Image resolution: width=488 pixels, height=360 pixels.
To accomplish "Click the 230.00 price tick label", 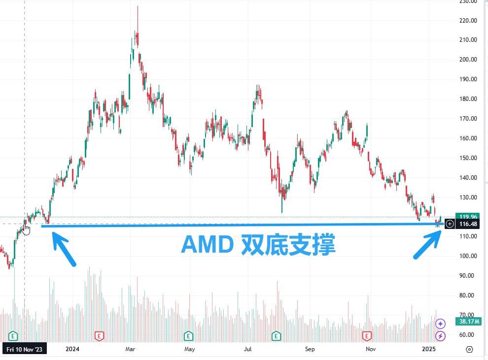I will coord(467,1).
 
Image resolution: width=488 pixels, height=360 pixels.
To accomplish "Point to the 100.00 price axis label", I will coord(467,256).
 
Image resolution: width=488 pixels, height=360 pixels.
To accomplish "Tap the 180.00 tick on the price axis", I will coord(467,99).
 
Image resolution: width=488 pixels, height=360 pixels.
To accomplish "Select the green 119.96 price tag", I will coord(468,216).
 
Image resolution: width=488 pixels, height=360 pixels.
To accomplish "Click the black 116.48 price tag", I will coord(468,224).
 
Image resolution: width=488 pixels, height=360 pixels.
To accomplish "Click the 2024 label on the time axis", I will coord(72,349).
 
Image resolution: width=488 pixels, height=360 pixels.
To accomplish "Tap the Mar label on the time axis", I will coord(131,349).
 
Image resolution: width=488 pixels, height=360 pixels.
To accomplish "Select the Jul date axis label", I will coord(248,349).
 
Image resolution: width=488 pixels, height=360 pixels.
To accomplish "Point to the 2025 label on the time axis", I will coord(430,349).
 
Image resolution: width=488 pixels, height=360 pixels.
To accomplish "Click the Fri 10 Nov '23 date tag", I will coord(25,349).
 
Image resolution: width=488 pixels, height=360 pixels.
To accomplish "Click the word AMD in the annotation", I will coord(207,245).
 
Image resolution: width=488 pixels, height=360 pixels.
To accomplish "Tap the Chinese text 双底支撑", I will coord(288,245).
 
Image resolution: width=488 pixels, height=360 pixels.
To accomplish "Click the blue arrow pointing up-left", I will coord(64,250).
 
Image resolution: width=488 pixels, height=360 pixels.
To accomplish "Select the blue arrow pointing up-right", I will coord(427,245).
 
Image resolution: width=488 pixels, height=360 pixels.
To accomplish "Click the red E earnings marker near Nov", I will coord(367,336).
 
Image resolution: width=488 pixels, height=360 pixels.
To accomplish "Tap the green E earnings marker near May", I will coord(188,336).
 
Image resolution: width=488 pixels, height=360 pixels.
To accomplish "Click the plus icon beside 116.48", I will coord(450,224).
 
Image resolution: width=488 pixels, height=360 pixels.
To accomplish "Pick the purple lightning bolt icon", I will coord(441,336).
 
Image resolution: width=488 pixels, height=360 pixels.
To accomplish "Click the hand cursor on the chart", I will coord(26,229).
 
